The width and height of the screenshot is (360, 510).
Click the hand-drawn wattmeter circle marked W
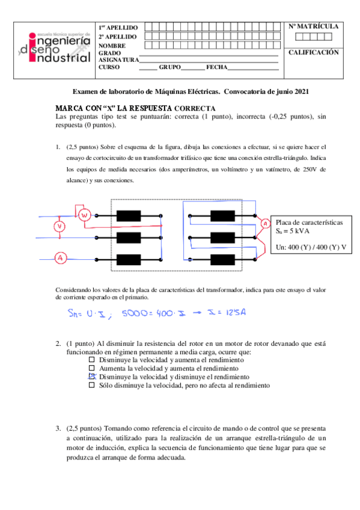click(85, 215)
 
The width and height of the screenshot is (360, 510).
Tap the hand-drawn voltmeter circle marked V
click(59, 226)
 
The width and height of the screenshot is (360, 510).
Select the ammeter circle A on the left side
click(59, 257)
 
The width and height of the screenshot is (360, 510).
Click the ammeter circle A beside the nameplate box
click(265, 224)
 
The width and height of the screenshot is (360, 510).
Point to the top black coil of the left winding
click(127, 216)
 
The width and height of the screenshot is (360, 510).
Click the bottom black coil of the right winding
click(222, 259)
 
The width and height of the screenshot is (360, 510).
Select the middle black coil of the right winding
click(222, 238)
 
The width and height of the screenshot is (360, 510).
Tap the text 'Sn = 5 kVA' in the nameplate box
click(292, 231)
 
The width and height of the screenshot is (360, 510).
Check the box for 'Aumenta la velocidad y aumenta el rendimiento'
click(92, 367)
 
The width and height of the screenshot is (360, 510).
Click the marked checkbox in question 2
click(92, 376)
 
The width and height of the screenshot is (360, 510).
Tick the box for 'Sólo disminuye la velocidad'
click(92, 385)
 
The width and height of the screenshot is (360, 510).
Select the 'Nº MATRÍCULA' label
click(313, 27)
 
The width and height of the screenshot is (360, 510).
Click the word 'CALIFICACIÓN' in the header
click(314, 52)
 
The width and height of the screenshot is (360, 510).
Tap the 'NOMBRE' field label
click(112, 46)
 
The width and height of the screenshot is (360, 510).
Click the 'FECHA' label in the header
click(216, 67)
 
